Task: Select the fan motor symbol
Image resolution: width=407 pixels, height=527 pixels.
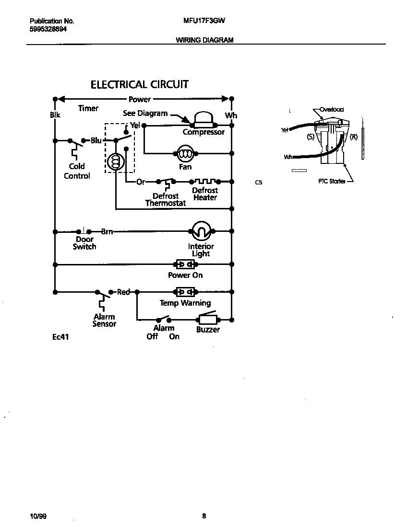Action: [x=185, y=154]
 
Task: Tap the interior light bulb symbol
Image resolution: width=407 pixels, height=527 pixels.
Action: [x=201, y=232]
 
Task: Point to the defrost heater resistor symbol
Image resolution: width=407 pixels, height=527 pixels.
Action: [x=205, y=182]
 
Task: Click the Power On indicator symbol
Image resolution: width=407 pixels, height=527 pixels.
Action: [x=185, y=264]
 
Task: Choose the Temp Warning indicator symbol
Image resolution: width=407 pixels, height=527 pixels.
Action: [x=185, y=291]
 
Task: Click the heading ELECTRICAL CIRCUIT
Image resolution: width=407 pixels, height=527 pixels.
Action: [x=140, y=85]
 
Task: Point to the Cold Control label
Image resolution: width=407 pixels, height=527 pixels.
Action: [x=77, y=171]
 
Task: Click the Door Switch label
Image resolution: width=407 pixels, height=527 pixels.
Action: [x=84, y=243]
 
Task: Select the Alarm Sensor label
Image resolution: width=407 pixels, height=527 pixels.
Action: [x=104, y=320]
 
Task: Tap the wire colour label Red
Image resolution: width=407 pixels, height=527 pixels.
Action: [x=123, y=292]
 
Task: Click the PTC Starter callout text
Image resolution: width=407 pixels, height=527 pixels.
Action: [x=332, y=182]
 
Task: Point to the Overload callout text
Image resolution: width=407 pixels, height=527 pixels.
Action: [x=332, y=109]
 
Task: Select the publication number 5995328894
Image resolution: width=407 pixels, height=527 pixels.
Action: [x=48, y=29]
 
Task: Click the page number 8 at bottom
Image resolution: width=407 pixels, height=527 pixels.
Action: [x=204, y=516]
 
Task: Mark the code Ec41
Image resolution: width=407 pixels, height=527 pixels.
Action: [x=61, y=337]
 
